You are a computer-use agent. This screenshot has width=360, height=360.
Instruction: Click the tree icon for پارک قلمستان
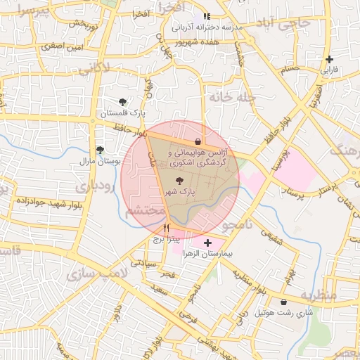124,102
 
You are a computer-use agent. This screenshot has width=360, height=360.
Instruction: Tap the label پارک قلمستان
122,113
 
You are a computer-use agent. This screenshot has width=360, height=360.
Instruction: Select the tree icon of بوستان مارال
100,150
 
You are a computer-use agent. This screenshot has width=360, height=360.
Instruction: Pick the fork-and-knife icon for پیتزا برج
167,228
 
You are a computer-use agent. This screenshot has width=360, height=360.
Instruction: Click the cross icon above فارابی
329,59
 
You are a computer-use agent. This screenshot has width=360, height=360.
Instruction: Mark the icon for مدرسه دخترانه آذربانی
206,16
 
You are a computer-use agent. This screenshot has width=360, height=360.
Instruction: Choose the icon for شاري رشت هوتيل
283,302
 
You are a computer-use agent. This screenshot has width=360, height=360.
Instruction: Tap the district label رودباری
91,186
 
